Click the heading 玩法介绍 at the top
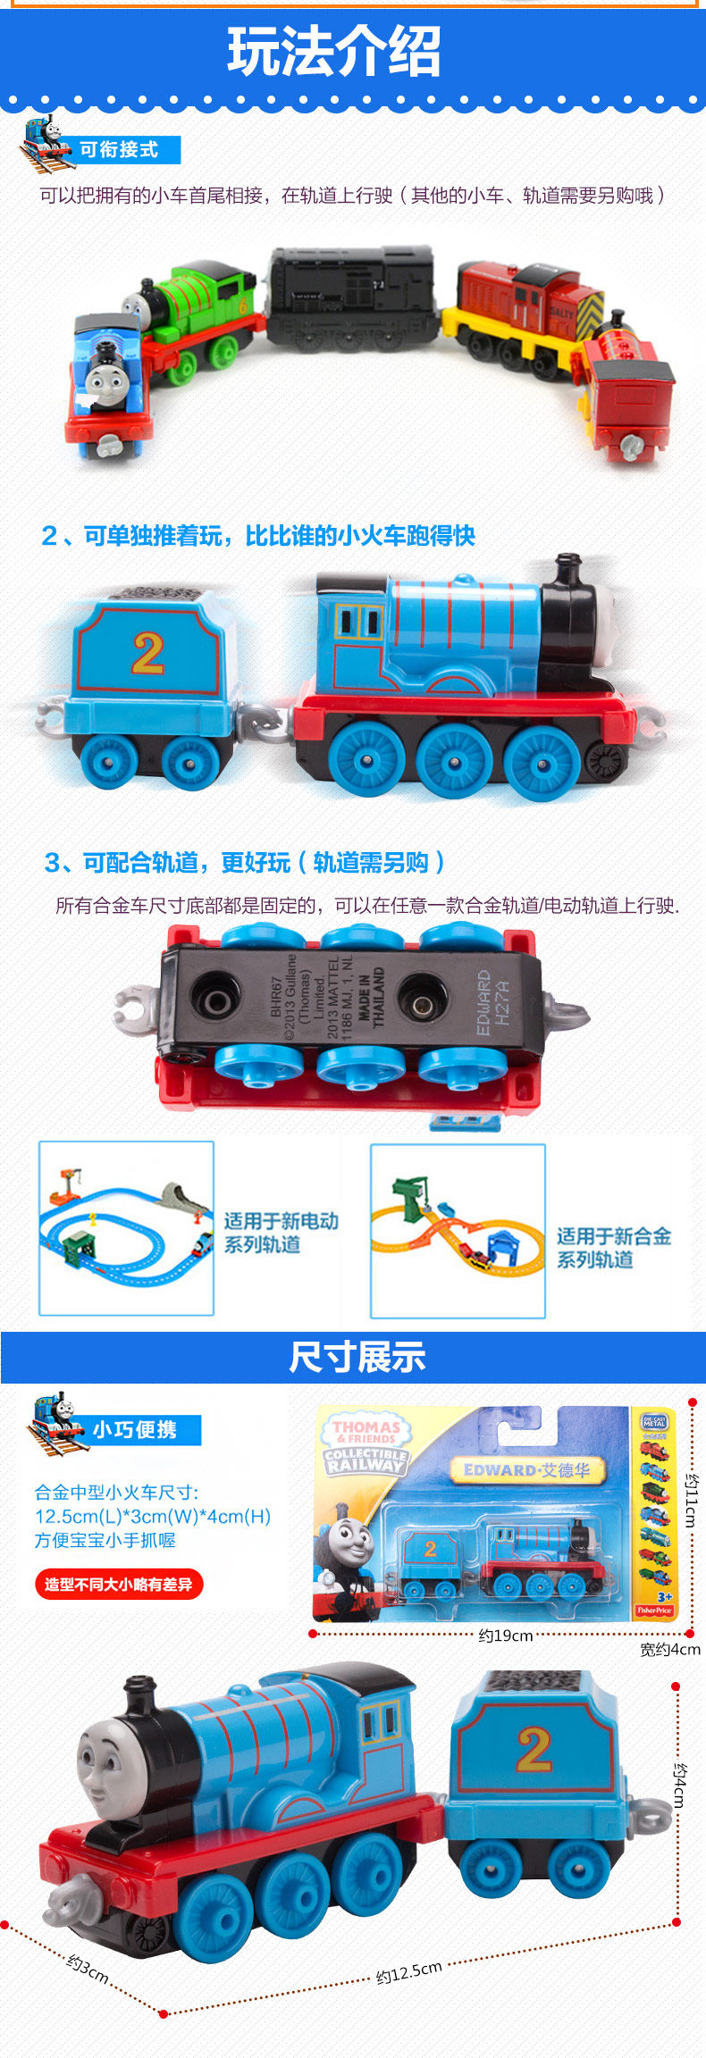pos(334,52)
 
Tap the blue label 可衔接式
pos(119,150)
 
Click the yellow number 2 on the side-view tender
pos(148,653)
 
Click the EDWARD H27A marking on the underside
pos(492,1002)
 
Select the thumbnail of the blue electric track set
pos(126,1227)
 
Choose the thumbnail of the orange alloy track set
pos(458,1230)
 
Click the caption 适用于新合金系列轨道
pos(613,1247)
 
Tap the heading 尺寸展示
pos(357,1357)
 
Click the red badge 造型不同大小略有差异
pos(119,1584)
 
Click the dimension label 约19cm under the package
pos(505,1635)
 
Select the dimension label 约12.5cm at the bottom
pos(409,1971)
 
